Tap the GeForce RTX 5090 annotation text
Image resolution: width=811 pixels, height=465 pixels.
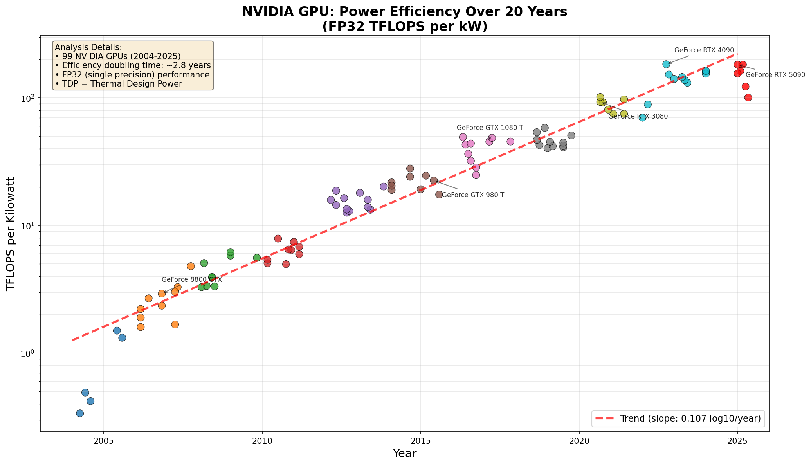775,75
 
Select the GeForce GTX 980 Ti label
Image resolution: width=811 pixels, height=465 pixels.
474,195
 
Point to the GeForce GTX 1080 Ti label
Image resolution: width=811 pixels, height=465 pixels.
490,128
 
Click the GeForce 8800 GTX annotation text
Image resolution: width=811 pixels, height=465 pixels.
191,279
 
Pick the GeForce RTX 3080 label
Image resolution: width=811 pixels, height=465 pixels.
638,116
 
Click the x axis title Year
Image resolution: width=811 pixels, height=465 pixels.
404,454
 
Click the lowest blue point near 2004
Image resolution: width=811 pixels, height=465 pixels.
80,413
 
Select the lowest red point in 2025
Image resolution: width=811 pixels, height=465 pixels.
748,97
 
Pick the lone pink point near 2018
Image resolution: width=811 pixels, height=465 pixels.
510,142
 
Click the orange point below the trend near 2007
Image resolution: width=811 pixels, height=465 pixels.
175,324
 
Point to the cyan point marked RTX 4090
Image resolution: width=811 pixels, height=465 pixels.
666,64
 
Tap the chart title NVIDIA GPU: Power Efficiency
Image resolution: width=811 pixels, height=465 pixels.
404,12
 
